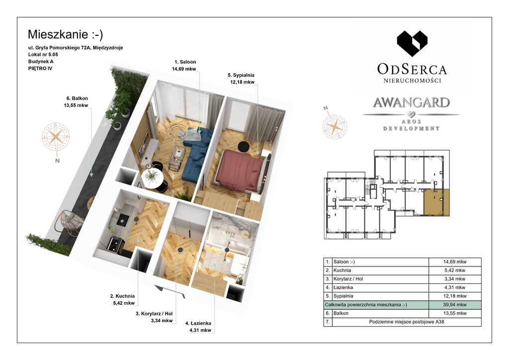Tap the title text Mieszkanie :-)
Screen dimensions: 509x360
[65, 34]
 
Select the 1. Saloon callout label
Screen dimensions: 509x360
[184, 65]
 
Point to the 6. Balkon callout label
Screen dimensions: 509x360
[77, 101]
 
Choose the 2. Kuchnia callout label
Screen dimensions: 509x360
[122, 300]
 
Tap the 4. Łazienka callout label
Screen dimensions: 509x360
[199, 327]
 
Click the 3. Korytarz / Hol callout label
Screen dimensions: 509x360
[155, 317]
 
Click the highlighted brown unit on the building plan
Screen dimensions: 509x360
[436, 203]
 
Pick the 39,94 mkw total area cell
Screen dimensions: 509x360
[455, 305]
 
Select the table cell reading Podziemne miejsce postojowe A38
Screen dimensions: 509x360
[407, 322]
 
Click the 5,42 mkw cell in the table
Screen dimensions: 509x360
[455, 270]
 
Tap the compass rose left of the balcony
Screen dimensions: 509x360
[56, 138]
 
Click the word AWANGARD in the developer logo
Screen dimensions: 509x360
[411, 102]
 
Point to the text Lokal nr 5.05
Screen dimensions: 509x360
[43, 55]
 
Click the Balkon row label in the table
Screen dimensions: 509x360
[341, 314]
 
